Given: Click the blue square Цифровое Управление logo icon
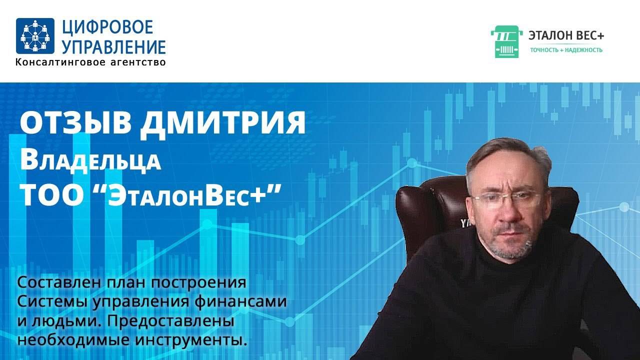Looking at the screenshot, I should tap(35, 35).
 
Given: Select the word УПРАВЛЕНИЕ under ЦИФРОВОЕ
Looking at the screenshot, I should tap(113, 47).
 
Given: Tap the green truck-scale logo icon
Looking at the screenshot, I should tap(506, 41).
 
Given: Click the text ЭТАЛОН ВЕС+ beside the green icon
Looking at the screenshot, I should tap(566, 35).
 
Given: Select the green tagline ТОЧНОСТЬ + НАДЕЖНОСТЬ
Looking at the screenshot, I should tap(566, 50).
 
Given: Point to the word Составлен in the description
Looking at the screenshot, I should tap(60, 283).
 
